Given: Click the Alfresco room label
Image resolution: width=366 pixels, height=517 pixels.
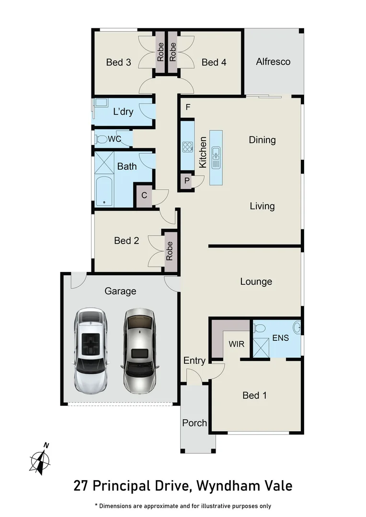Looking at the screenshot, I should click(x=273, y=62).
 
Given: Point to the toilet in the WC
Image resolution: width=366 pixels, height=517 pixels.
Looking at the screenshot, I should click(x=101, y=139).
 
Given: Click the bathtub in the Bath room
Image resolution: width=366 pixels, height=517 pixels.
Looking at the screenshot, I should click(x=103, y=191).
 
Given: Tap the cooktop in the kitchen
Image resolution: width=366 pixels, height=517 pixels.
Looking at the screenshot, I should click(x=187, y=147).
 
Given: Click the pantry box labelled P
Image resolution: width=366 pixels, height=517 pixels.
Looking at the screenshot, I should click(x=186, y=181).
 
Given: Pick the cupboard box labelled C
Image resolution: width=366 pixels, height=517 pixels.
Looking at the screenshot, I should click(x=144, y=196).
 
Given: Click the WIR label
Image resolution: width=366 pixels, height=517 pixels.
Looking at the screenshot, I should click(x=237, y=344).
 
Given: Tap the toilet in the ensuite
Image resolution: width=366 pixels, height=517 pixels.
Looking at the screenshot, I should click(x=259, y=328).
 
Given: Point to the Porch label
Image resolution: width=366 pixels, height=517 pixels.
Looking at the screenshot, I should click(x=194, y=423).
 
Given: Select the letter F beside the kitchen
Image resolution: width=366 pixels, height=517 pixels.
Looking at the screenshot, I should click(x=188, y=107).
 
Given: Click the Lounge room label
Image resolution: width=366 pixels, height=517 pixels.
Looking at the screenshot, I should click(x=256, y=281).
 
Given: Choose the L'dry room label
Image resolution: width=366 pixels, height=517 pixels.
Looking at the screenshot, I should click(x=123, y=112).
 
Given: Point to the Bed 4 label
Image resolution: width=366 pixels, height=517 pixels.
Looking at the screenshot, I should click(x=214, y=62).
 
